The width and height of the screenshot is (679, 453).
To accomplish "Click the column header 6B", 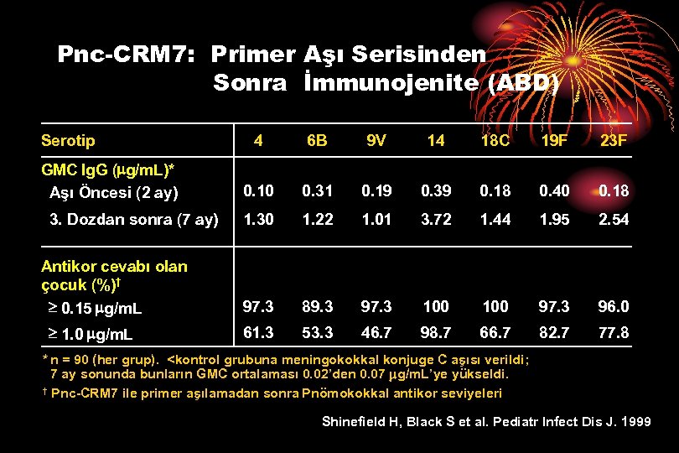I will point(317,141).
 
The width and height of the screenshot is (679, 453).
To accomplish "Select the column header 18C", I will point(495,141).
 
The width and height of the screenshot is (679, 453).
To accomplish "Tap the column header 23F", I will point(613,141).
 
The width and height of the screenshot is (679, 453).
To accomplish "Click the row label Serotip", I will point(69,140).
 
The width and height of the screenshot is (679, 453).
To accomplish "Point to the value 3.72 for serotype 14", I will point(436,219).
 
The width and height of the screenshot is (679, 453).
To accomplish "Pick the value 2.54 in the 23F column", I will point(613,219).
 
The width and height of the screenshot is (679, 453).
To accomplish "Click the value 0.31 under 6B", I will point(317,191).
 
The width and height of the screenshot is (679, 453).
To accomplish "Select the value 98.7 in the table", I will point(436,334).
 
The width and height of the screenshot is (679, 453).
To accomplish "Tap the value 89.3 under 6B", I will point(317,306).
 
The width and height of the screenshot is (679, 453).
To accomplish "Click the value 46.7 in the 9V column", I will point(376,334).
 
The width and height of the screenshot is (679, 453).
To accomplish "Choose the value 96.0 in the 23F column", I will point(613,306).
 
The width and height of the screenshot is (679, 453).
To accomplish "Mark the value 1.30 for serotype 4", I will point(257,219).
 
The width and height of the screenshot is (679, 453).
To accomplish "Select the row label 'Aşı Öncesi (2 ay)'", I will point(114,193).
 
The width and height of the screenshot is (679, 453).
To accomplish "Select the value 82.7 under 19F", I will point(553,334).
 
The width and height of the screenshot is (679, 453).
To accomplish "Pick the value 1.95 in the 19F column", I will point(553,219).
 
